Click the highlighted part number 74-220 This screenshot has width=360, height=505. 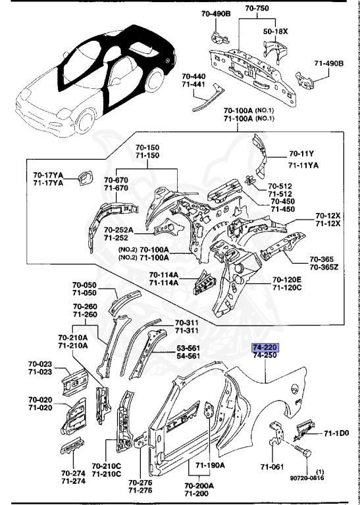pyautogui.click(x=265, y=346)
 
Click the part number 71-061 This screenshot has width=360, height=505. pyautogui.click(x=270, y=467)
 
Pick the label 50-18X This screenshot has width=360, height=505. pyautogui.click(x=276, y=30)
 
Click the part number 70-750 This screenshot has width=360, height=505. pyautogui.click(x=257, y=8)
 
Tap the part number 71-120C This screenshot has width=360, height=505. pyautogui.click(x=286, y=288)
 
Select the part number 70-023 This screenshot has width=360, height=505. pyautogui.click(x=41, y=364)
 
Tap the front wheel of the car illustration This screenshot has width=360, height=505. pyautogui.click(x=85, y=123)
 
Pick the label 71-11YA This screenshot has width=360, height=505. pyautogui.click(x=303, y=165)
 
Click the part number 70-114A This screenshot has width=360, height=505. pyautogui.click(x=162, y=275)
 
